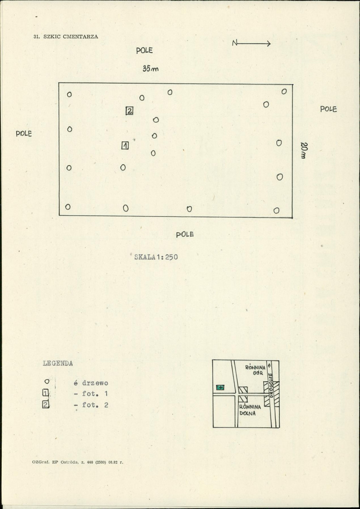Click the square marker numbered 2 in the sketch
(x=129, y=111)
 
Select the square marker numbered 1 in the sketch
(x=125, y=146)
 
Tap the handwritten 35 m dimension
(x=150, y=69)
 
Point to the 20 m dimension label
(x=304, y=150)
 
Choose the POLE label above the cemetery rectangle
(x=144, y=51)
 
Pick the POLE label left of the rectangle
(x=24, y=133)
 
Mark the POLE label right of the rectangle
(x=329, y=110)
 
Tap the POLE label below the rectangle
(x=185, y=234)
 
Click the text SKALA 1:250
(x=156, y=257)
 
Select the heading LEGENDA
(x=58, y=363)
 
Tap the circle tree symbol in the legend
(x=47, y=381)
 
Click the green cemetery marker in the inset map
(x=220, y=387)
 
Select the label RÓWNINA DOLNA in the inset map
(x=250, y=410)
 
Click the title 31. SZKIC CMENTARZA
(x=65, y=37)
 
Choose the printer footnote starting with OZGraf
(x=78, y=462)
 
